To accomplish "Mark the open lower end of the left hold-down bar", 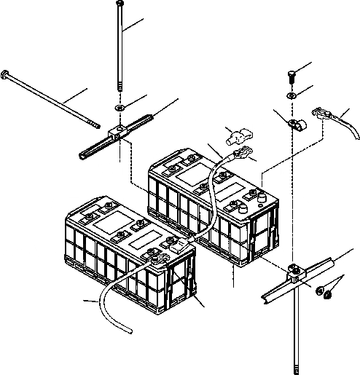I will (82, 154).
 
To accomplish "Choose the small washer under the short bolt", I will (291, 95).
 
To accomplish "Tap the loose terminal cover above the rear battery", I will (238, 135).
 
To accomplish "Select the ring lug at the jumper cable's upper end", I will (238, 152).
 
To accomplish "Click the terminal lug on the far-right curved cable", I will (321, 113).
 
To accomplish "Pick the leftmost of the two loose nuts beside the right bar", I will (320, 291).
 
